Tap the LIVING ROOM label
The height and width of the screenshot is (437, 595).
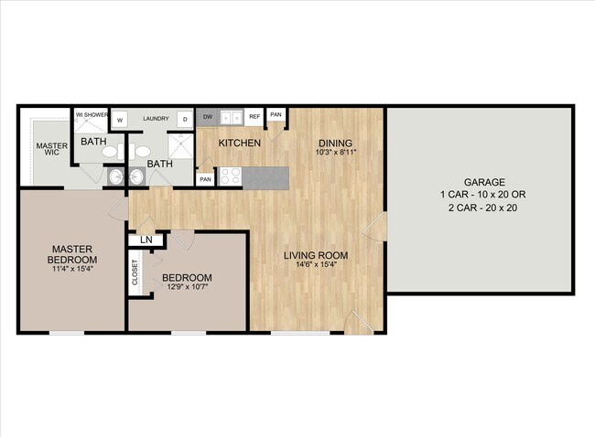pyautogui.click(x=313, y=255)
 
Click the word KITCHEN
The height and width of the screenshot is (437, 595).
pyautogui.click(x=240, y=144)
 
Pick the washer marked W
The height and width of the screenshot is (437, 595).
pyautogui.click(x=120, y=119)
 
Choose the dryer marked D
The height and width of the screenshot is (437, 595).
pyautogui.click(x=184, y=119)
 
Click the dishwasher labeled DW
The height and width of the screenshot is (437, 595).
pyautogui.click(x=208, y=117)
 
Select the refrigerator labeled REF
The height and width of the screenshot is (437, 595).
pyautogui.click(x=254, y=117)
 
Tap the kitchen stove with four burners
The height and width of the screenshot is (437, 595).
pyautogui.click(x=229, y=176)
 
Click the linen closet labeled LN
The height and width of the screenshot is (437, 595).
pyautogui.click(x=146, y=240)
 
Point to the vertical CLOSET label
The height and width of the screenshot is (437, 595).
pyautogui.click(x=135, y=272)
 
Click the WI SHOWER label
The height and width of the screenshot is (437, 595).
pyautogui.click(x=92, y=115)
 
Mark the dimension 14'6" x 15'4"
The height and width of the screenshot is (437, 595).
pyautogui.click(x=313, y=266)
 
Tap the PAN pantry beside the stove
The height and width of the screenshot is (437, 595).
pyautogui.click(x=206, y=180)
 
